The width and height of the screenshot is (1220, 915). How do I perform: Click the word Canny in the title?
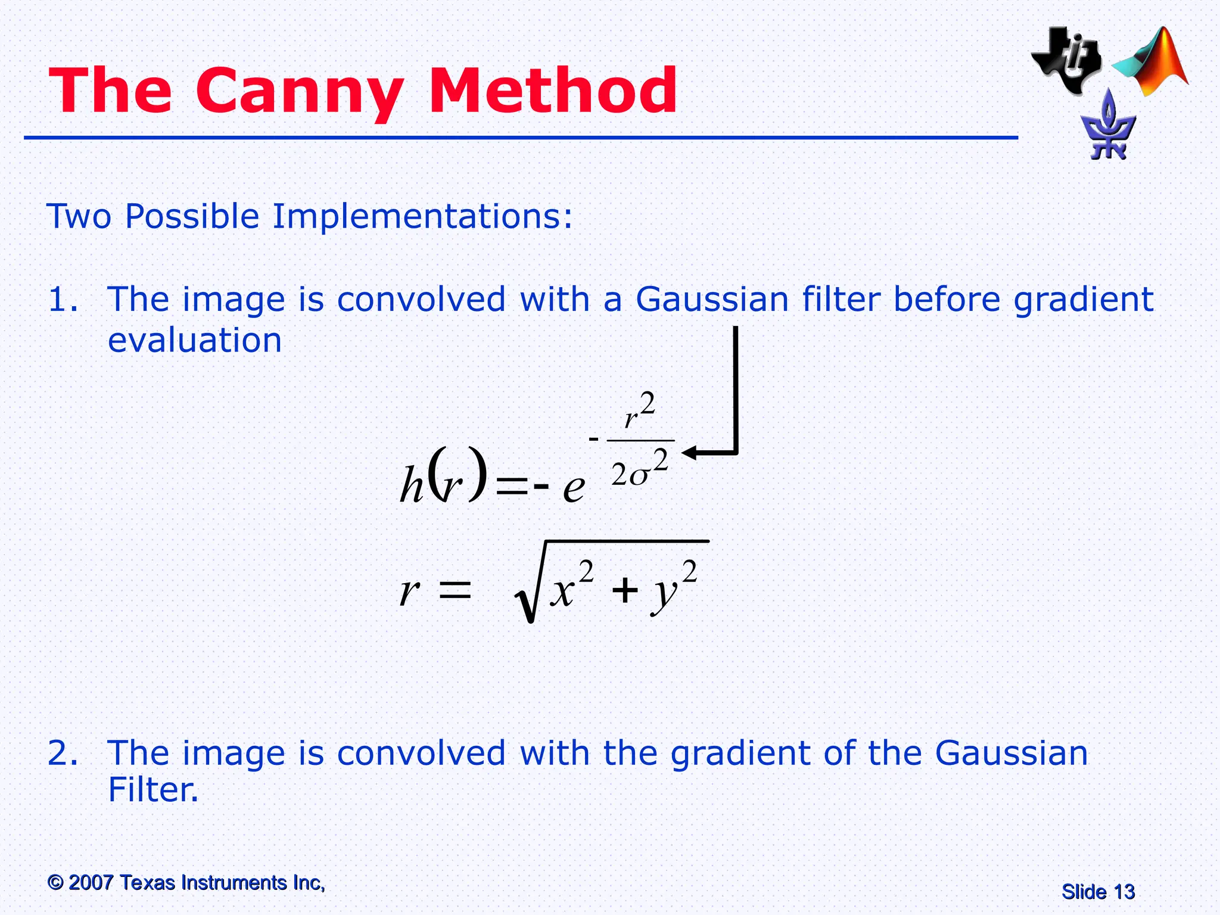tap(300, 91)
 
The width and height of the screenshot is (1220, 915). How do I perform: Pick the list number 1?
tap(62, 300)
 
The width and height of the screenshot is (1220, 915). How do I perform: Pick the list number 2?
tap(62, 753)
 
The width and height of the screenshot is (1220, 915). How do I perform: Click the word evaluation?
tap(195, 340)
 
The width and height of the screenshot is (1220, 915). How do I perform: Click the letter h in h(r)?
tap(411, 486)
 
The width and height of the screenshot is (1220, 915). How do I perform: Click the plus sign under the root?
tap(625, 592)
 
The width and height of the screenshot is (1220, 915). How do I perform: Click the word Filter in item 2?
tap(151, 790)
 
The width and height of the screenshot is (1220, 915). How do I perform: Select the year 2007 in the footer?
tap(91, 882)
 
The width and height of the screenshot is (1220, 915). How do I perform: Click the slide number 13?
tap(1123, 892)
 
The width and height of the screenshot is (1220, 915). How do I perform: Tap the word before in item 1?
tap(947, 299)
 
